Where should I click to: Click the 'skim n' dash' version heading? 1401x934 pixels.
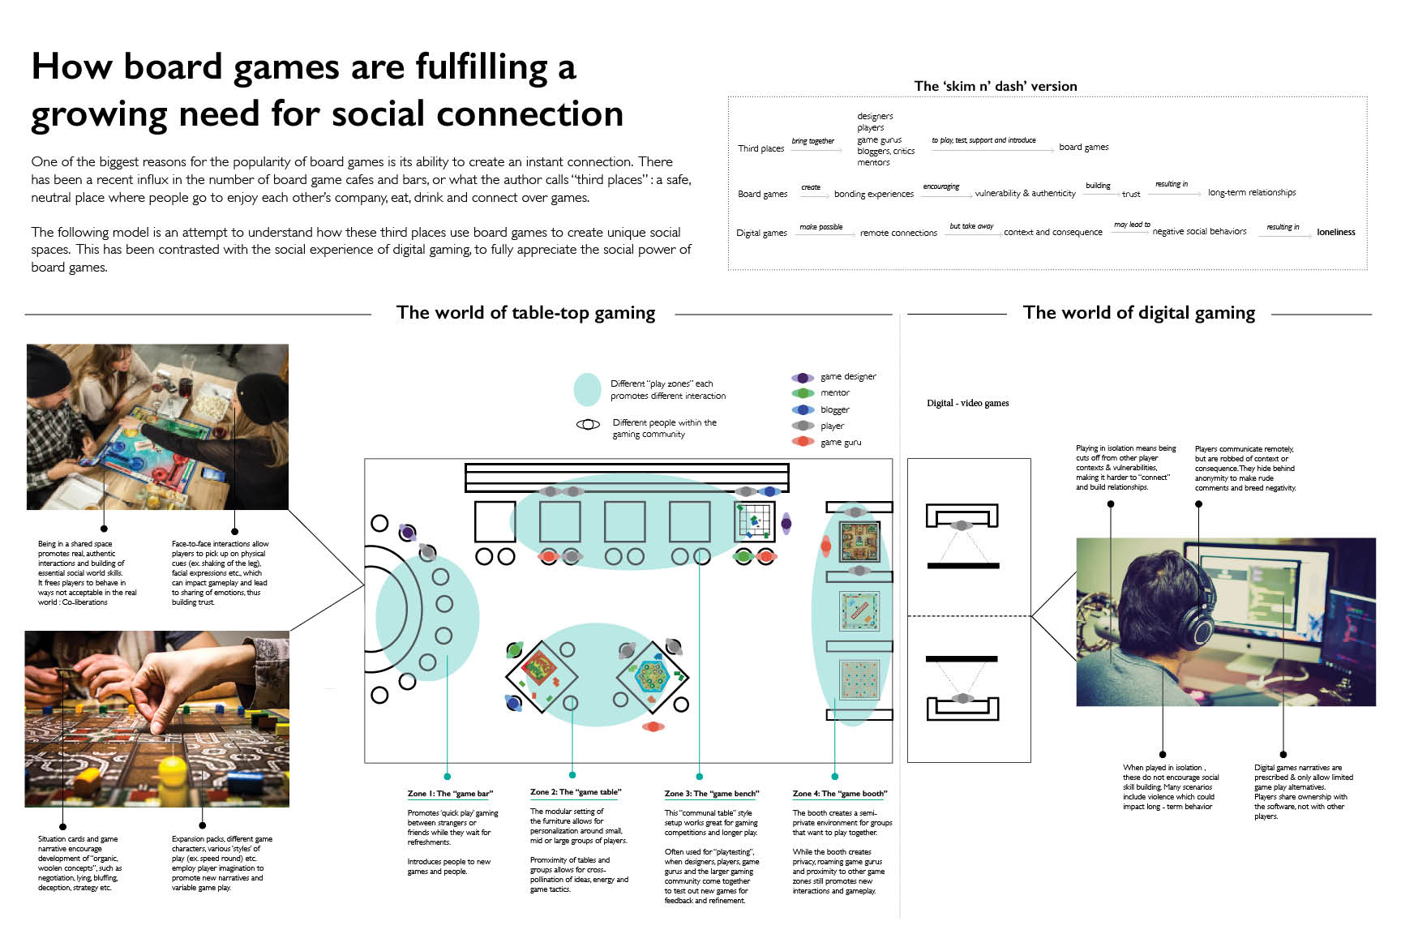point(995,86)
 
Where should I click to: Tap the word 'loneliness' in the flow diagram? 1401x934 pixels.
point(1335,232)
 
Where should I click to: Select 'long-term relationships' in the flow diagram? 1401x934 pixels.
point(1251,193)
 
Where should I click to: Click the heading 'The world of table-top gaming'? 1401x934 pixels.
point(525,313)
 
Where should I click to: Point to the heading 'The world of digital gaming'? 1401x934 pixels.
point(1138,313)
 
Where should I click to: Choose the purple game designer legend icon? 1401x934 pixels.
point(803,378)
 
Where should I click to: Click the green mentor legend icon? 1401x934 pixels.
point(803,393)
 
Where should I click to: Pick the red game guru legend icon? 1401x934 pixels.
point(803,442)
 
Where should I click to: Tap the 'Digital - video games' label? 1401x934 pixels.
point(967,403)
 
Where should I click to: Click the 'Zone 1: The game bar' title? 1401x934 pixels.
point(450,794)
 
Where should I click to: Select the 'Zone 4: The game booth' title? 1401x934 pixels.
point(839,794)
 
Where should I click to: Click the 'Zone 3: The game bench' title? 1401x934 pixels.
point(711,794)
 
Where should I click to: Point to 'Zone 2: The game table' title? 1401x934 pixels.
point(575,792)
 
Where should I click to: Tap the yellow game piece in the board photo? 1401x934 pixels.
point(172,769)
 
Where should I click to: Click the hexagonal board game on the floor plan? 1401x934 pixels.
point(651,675)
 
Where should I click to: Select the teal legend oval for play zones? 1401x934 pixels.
point(587,390)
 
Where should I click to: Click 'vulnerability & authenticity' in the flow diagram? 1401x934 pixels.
point(1025,194)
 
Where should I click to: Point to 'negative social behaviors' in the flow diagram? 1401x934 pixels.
point(1199,232)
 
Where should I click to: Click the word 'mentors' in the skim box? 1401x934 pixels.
point(873,163)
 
